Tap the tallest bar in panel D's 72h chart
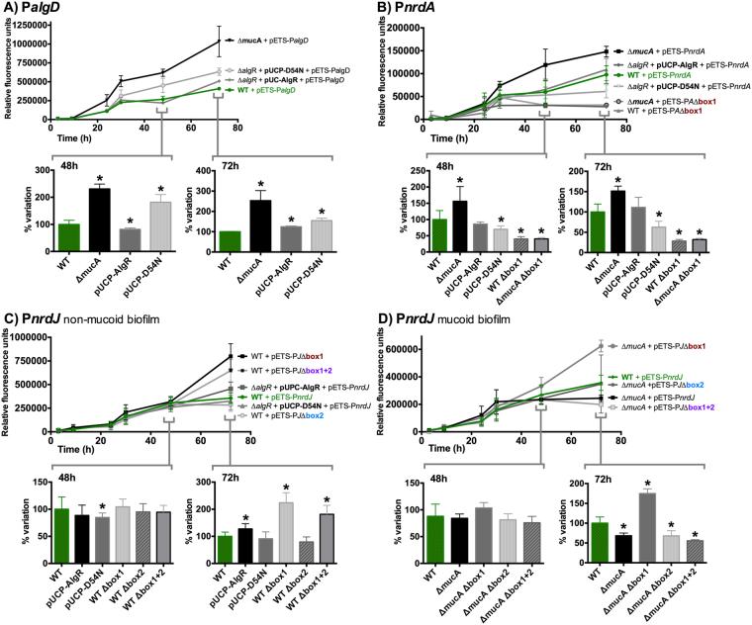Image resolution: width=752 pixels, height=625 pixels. coord(648,520)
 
